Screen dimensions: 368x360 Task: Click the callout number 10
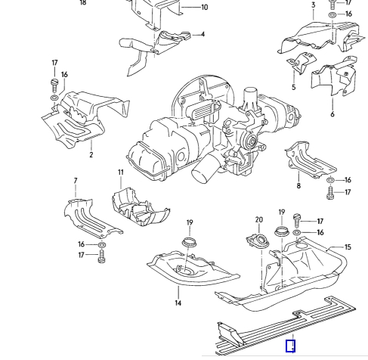click(x=205, y=8)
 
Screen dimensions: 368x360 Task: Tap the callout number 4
click(x=203, y=34)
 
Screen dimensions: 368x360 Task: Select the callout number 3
click(x=313, y=5)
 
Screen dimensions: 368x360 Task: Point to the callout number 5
click(x=294, y=87)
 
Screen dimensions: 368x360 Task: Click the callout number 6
click(x=332, y=114)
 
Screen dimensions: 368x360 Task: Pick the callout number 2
click(x=91, y=154)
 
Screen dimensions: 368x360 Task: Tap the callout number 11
click(x=121, y=172)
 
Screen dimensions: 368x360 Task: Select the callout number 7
click(x=76, y=181)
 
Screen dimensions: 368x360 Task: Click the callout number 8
click(x=298, y=186)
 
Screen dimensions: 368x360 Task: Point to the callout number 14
click(x=178, y=303)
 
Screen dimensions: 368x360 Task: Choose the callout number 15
click(x=348, y=247)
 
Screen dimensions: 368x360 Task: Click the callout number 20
click(x=259, y=220)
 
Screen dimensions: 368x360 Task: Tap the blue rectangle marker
click(x=290, y=346)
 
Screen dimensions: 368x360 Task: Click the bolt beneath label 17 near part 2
click(x=54, y=85)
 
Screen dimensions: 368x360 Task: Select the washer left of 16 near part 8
click(x=330, y=180)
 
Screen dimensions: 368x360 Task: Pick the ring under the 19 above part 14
click(x=189, y=242)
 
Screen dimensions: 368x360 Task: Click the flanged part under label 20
click(x=258, y=241)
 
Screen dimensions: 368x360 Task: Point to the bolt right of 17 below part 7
click(x=101, y=256)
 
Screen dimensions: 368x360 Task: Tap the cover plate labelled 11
click(x=141, y=206)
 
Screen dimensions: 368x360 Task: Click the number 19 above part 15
click(x=282, y=213)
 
